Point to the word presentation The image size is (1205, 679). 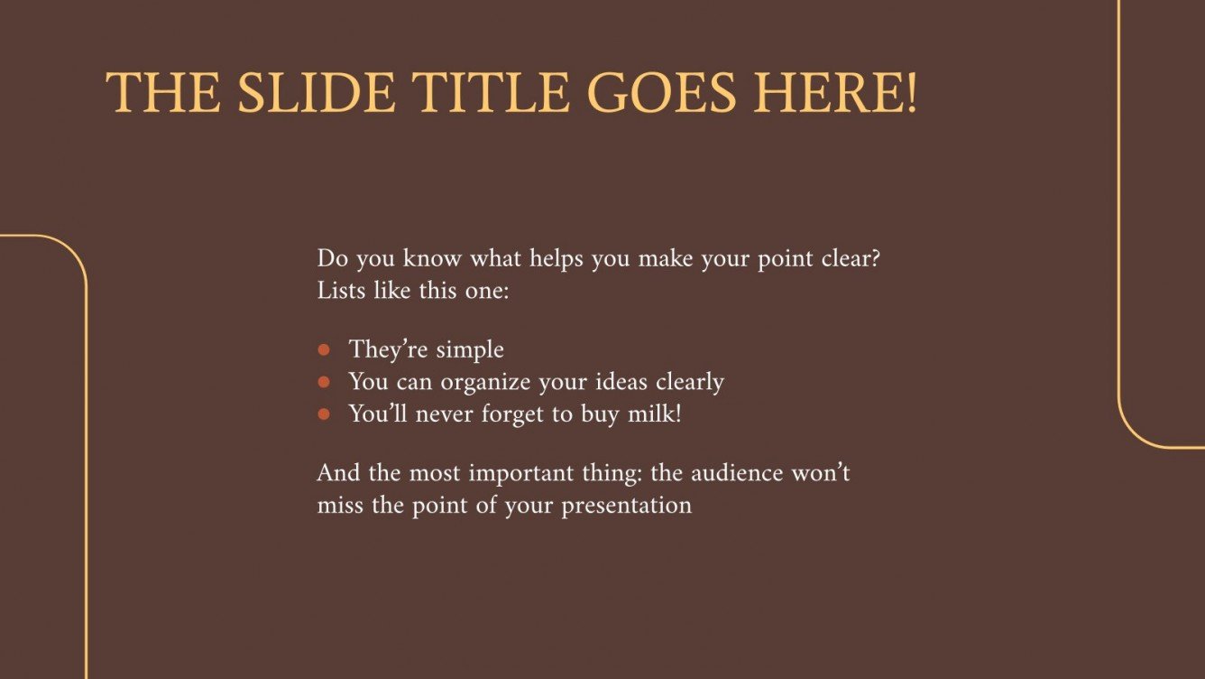click(x=626, y=506)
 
